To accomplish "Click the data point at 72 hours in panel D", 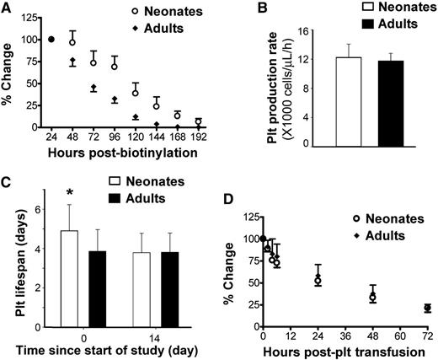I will [427, 309].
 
